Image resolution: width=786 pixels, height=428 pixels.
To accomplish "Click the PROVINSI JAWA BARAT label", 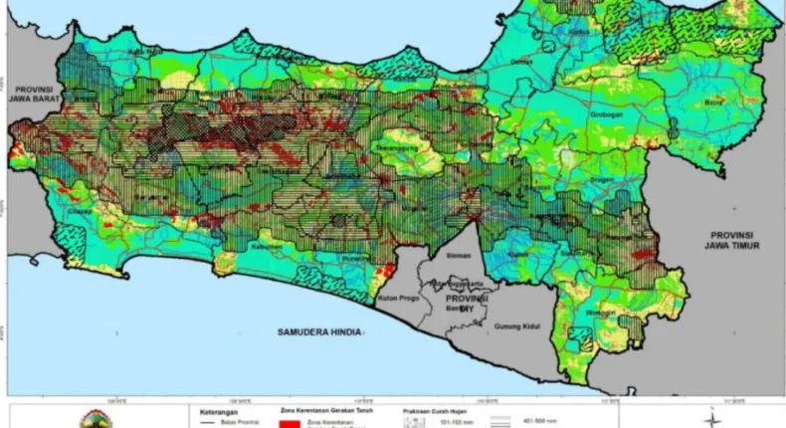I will click(x=35, y=93).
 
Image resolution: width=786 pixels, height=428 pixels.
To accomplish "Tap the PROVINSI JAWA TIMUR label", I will click(x=726, y=233).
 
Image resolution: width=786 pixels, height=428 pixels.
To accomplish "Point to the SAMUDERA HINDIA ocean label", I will click(x=317, y=329).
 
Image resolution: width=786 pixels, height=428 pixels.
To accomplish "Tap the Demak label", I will click(x=521, y=61).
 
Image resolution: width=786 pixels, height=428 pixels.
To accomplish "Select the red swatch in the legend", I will click(x=287, y=422).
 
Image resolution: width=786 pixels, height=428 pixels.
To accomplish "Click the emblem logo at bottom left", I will click(x=97, y=418).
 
